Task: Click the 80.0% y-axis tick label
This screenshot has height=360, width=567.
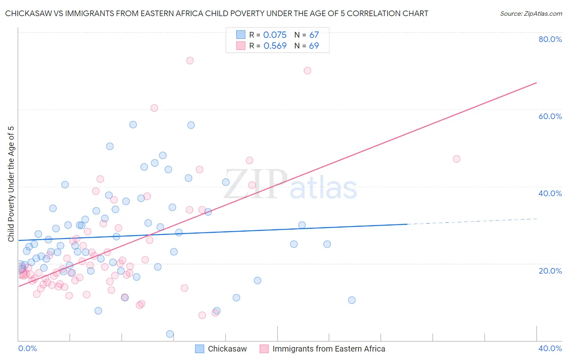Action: tap(550, 39)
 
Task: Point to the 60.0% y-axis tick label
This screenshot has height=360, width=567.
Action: tap(550, 116)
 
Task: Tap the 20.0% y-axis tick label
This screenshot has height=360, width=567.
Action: tap(550, 270)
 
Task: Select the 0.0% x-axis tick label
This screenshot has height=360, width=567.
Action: tap(27, 348)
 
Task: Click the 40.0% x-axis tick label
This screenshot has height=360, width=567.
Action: tap(550, 348)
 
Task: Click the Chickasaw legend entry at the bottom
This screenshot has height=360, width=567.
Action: tap(227, 349)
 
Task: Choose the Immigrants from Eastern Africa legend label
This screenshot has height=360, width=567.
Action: tap(329, 349)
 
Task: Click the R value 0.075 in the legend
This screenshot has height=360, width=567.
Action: tap(275, 35)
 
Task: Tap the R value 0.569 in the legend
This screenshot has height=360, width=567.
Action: tap(275, 46)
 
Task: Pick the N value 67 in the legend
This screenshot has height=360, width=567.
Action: tap(314, 35)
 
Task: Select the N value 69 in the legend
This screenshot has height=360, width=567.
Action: tap(314, 46)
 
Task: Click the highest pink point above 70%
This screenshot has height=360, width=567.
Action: tap(190, 61)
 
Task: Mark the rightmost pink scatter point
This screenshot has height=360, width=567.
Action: tap(457, 159)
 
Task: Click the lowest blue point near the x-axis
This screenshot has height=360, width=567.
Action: tap(170, 334)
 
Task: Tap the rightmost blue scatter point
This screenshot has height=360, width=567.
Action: tap(352, 300)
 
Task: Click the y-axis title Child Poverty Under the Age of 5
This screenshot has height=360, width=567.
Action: tap(11, 184)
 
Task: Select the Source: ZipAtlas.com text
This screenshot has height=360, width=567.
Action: tap(531, 13)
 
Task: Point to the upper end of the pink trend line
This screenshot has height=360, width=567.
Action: tap(536, 83)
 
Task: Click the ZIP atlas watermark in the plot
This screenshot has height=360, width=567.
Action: tap(290, 185)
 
